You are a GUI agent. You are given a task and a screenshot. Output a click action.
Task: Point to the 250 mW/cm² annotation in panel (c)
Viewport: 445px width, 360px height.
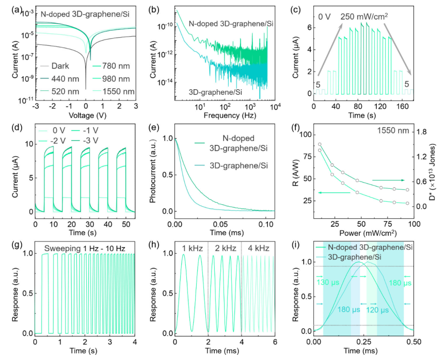(364, 16)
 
